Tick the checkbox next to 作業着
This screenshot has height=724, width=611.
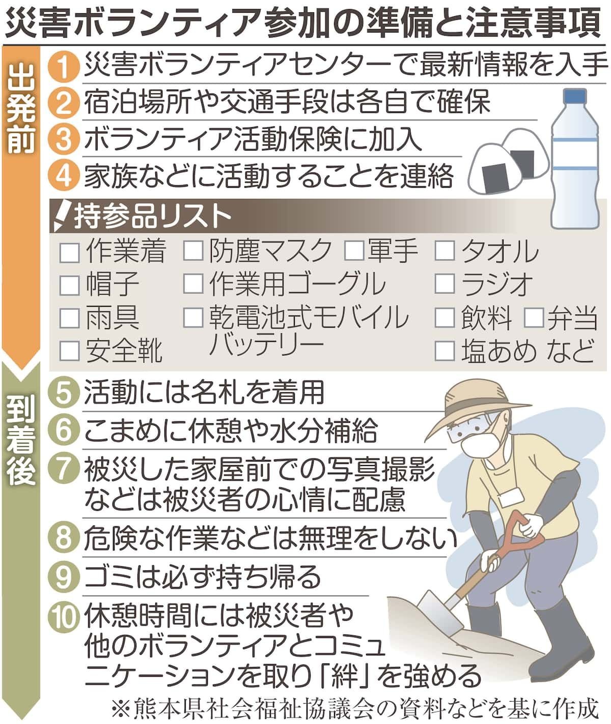(70, 253)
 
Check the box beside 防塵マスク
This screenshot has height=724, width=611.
(193, 251)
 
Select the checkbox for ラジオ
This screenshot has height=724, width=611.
(445, 283)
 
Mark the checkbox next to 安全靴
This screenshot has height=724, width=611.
(70, 351)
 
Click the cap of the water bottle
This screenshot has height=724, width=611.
(575, 99)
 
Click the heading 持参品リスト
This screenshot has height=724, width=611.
(152, 216)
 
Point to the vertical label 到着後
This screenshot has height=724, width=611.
(21, 441)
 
